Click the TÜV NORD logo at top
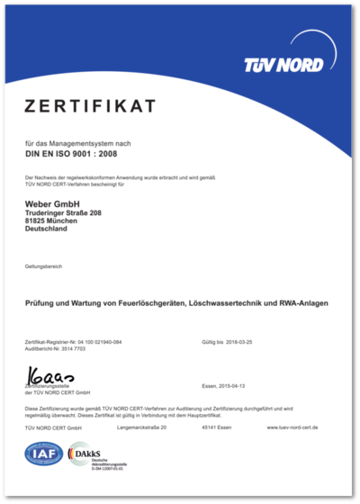pos(284,65)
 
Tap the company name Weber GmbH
pos(53,205)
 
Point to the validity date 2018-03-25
pos(243,343)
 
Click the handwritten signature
pos(53,372)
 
